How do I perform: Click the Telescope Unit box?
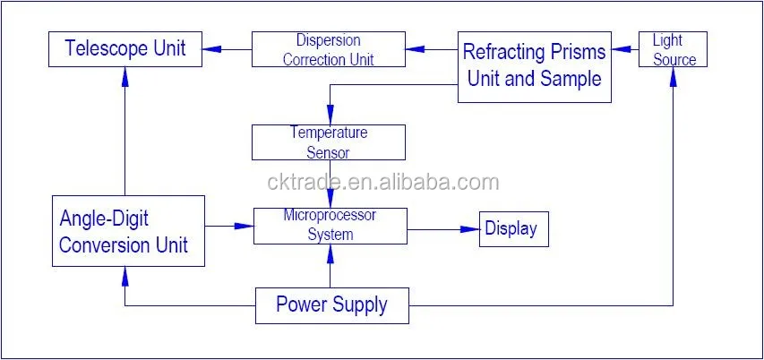124,48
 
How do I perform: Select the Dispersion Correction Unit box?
328,49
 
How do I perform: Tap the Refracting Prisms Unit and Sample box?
534,66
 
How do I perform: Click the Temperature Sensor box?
328,142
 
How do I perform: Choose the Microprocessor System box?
330,226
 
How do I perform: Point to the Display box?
513,229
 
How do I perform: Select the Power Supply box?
331,304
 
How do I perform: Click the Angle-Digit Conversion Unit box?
128,230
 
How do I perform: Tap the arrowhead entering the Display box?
471,229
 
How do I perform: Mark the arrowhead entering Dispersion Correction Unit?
415,49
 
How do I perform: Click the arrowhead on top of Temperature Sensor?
330,116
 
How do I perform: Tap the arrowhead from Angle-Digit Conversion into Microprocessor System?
245,226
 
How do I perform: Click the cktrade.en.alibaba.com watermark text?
382,183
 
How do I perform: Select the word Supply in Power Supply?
359,305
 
